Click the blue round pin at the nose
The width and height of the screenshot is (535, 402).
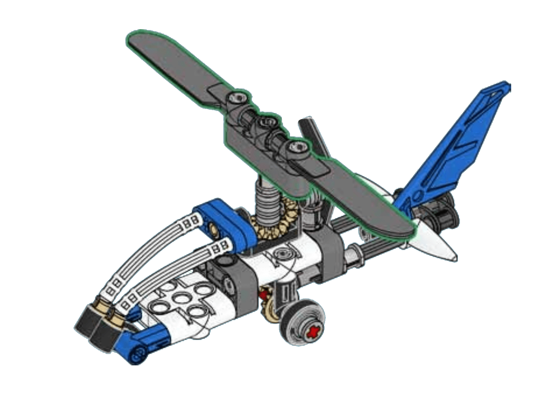(x=137, y=355)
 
